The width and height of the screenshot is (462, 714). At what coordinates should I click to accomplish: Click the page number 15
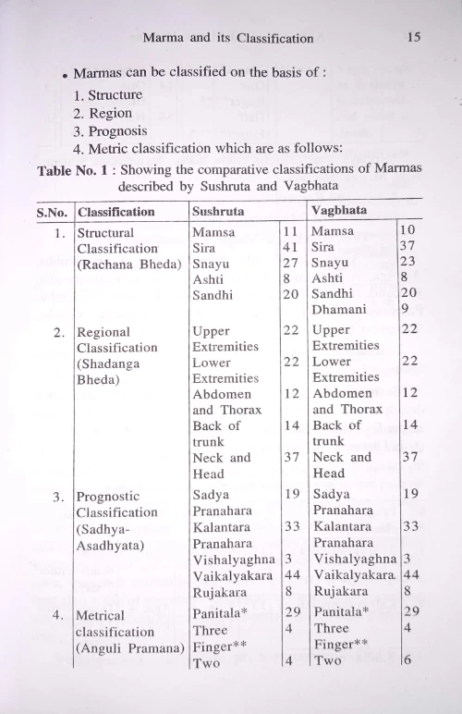(413, 38)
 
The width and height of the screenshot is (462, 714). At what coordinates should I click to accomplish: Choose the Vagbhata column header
(339, 210)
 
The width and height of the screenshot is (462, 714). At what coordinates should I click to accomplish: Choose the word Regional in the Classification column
(103, 331)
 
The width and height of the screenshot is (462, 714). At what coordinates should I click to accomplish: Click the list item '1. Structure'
(110, 94)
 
